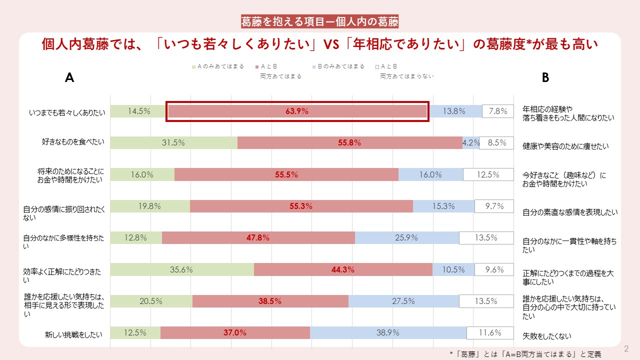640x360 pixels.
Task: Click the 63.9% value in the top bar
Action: coord(297,111)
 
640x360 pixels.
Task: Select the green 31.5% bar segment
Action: coord(173,142)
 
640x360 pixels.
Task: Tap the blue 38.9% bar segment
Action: coord(388,332)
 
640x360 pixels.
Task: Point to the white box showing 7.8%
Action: coord(498,111)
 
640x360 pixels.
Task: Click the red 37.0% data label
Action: coord(235,332)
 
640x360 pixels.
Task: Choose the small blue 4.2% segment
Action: coord(470,142)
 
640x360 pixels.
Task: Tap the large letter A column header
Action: coord(69,77)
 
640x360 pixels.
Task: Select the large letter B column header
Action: coord(545,77)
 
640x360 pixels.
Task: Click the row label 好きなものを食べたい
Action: coord(73,142)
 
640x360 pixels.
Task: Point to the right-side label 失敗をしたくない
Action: coord(546,336)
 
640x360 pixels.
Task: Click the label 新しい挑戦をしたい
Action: coord(73,334)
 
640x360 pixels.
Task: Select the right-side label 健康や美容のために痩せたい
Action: coord(565,146)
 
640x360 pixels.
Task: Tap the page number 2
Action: coord(625,348)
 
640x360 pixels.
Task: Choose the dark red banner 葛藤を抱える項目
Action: coord(319,22)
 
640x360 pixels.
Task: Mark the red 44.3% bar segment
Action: coord(343,269)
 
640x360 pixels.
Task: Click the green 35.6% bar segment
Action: coord(182,269)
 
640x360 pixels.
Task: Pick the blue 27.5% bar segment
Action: coord(403,301)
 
